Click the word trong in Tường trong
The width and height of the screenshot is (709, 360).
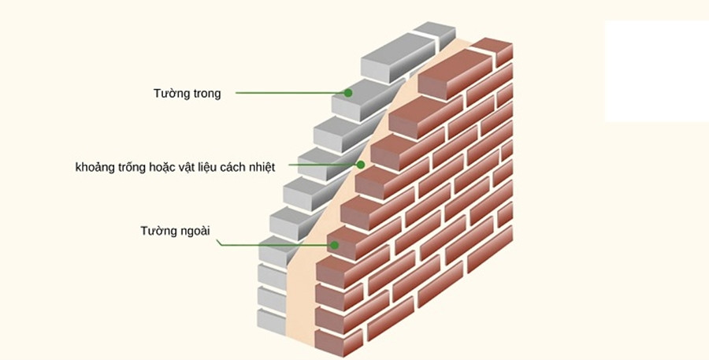coord(204,94)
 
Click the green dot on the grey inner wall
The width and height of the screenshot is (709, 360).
coord(347,92)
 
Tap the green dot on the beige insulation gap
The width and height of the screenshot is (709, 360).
coord(360,165)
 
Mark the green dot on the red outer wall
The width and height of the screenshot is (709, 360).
coord(335,245)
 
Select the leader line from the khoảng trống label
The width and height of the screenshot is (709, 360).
coord(323,165)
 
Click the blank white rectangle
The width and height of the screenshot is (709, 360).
coord(656,71)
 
